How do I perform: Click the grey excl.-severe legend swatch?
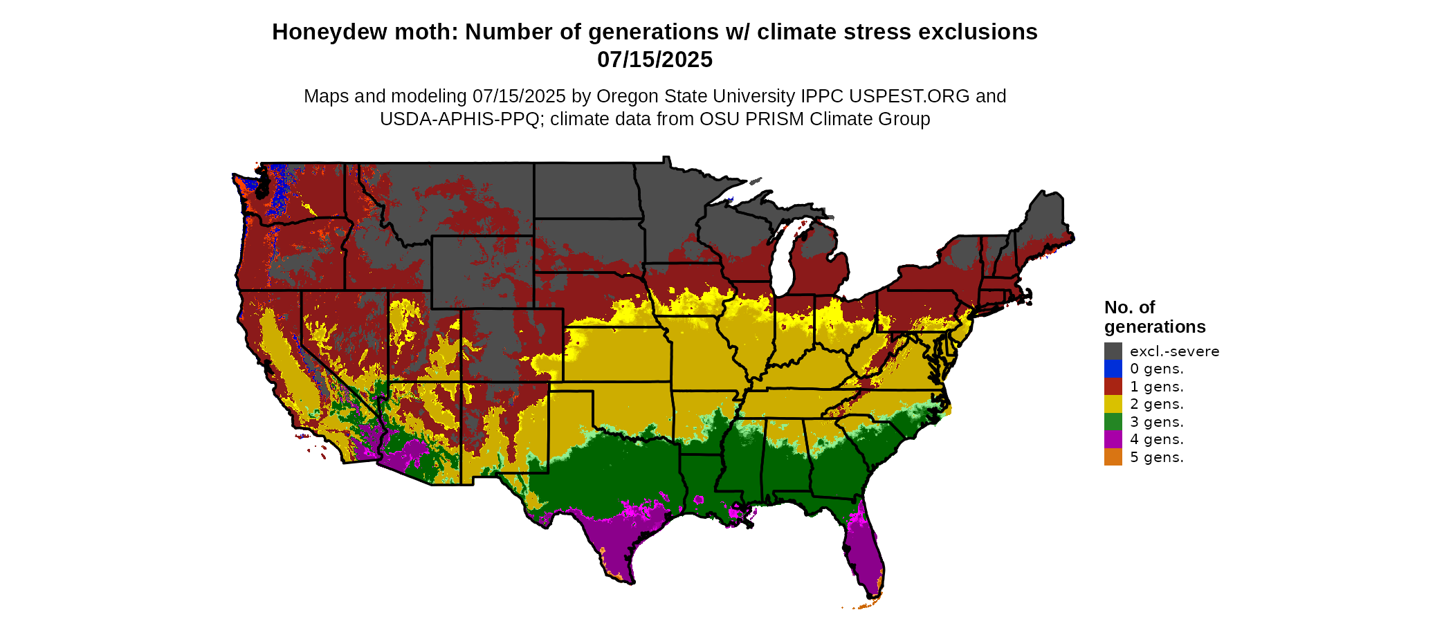(1113, 351)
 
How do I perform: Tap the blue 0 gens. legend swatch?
(1113, 369)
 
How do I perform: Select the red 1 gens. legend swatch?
(1113, 386)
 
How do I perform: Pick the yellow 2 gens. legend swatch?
(1113, 404)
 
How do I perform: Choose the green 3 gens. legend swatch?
(1113, 422)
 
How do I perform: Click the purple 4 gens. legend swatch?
(1113, 439)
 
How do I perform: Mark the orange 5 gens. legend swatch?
(1113, 457)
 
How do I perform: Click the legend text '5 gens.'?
(1156, 457)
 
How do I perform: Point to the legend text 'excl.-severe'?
(1174, 351)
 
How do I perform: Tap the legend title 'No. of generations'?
(1154, 317)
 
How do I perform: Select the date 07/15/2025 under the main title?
(655, 60)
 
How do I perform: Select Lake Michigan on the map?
(781, 263)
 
